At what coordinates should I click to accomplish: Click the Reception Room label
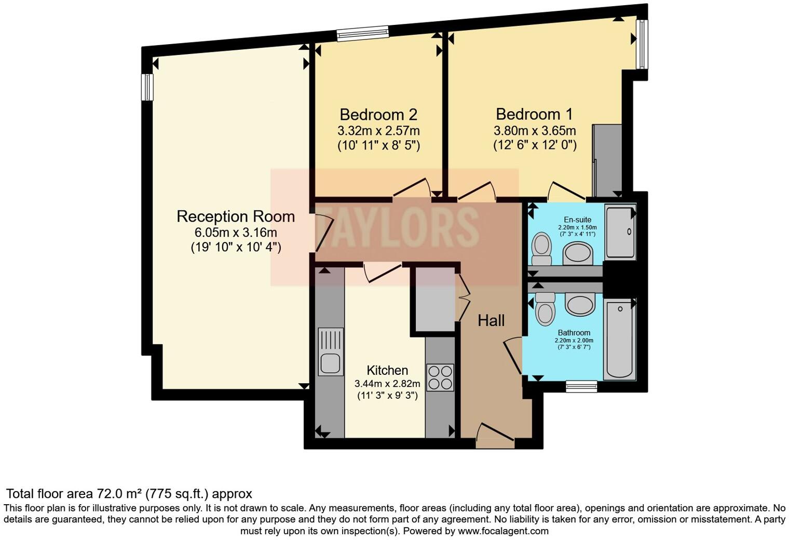pyautogui.click(x=236, y=217)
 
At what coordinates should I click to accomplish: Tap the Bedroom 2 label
pyautogui.click(x=378, y=115)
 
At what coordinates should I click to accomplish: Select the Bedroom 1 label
pyautogui.click(x=535, y=114)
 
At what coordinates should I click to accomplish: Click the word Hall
pyautogui.click(x=491, y=321)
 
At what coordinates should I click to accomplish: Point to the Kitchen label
pyautogui.click(x=387, y=371)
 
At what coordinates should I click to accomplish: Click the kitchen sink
pyautogui.click(x=330, y=352)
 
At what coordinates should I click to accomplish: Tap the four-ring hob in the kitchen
pyautogui.click(x=440, y=377)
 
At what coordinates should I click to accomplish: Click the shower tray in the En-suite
pyautogui.click(x=620, y=232)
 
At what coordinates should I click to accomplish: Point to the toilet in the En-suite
pyautogui.click(x=542, y=249)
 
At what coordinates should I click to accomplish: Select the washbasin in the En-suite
pyautogui.click(x=578, y=254)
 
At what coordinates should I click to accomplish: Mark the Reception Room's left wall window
pyautogui.click(x=148, y=87)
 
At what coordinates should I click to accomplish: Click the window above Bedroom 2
pyautogui.click(x=362, y=33)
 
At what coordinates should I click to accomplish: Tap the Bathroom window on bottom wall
pyautogui.click(x=581, y=385)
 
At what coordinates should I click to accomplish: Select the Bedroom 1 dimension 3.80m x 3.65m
pyautogui.click(x=535, y=131)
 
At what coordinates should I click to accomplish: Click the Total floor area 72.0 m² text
pyautogui.click(x=129, y=493)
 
